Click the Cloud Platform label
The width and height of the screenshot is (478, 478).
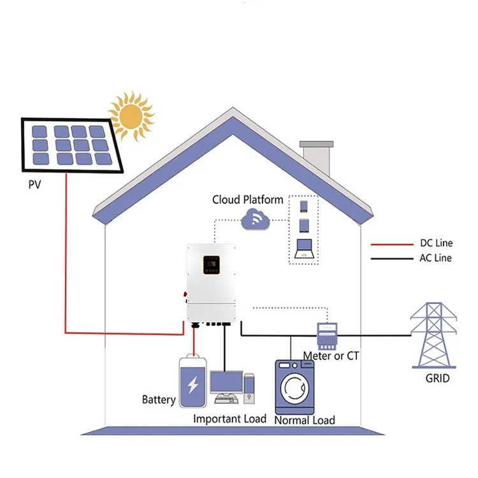(247, 200)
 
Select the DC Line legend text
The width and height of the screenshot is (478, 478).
(436, 244)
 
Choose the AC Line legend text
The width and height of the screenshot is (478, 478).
(436, 258)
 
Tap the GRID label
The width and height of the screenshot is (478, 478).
(437, 379)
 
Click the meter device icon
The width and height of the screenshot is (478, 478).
(327, 331)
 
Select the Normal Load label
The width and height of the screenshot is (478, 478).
(304, 420)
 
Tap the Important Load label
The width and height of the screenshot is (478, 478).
(229, 419)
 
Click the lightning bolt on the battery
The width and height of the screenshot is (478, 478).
(192, 384)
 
